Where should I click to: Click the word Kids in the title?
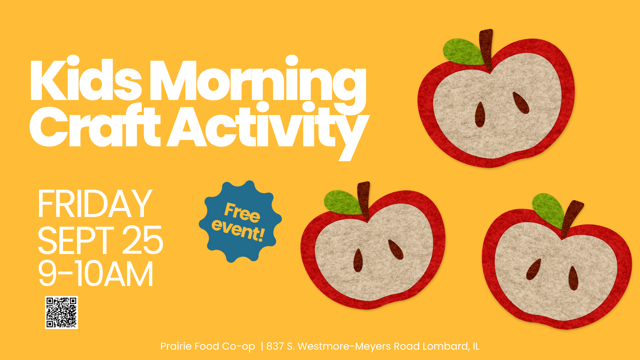86,79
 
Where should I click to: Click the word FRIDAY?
95,204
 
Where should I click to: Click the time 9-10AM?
96,274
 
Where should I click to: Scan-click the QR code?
61,312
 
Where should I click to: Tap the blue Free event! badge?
240,221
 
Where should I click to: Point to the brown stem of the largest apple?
486,49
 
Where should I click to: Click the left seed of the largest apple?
480,115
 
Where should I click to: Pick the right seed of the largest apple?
521,103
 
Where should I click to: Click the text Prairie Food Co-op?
208,346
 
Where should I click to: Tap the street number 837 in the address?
275,346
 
